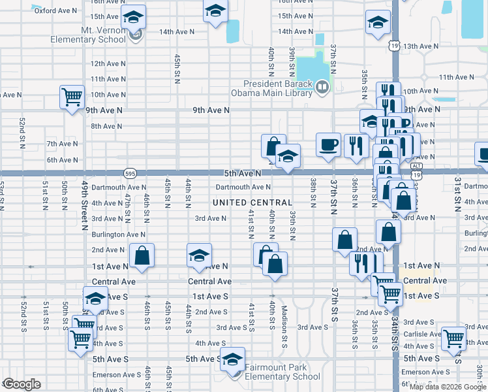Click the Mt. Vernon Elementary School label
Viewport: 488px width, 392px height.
pyautogui.click(x=89, y=35)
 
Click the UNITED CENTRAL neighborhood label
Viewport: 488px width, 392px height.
pyautogui.click(x=251, y=203)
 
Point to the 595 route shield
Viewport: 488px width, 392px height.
pyautogui.click(x=129, y=173)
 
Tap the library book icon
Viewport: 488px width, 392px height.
pyautogui.click(x=322, y=86)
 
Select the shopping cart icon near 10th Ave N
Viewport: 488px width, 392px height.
pyautogui.click(x=71, y=97)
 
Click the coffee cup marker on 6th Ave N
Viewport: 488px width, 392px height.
pyautogui.click(x=328, y=144)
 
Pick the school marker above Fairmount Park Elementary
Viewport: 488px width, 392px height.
pyautogui.click(x=232, y=359)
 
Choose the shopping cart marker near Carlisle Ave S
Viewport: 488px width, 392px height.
pyautogui.click(x=453, y=338)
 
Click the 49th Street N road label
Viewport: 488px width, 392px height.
pyautogui.click(x=85, y=208)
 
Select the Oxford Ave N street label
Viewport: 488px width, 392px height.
pyautogui.click(x=55, y=10)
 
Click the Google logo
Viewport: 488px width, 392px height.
pyautogui.click(x=22, y=384)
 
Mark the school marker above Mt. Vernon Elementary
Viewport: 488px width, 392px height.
pyautogui.click(x=134, y=18)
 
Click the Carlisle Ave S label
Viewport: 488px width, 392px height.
pyautogui.click(x=425, y=333)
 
